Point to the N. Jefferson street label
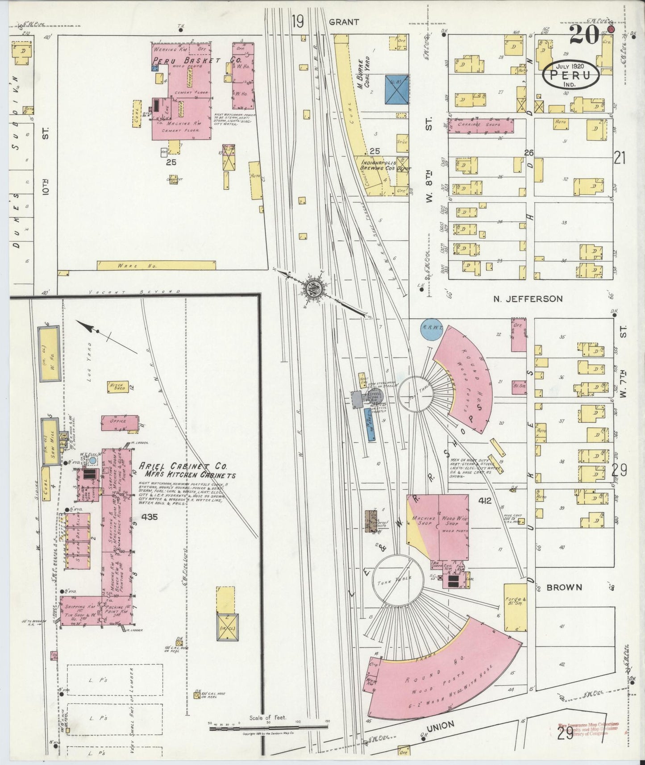click(x=528, y=299)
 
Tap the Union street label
click(x=441, y=726)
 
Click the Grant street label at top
click(x=344, y=22)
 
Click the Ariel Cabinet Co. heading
click(x=177, y=466)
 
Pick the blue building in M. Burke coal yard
click(x=396, y=89)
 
